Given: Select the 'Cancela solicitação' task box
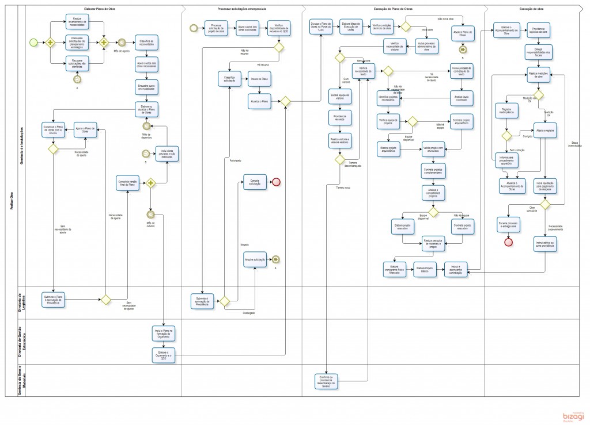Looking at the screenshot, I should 255,182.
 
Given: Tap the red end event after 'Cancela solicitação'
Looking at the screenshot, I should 276,182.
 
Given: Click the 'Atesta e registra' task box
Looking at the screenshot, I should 544,131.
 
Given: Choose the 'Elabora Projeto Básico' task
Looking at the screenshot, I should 426,268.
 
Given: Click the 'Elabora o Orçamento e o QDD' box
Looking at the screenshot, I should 163,354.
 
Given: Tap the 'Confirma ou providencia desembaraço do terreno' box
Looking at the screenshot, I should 326,380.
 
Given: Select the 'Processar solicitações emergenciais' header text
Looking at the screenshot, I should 241,9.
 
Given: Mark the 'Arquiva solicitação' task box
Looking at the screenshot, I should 255,260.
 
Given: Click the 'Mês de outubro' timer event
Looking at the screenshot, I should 151,214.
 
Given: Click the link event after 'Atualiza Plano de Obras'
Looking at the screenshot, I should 463,50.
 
